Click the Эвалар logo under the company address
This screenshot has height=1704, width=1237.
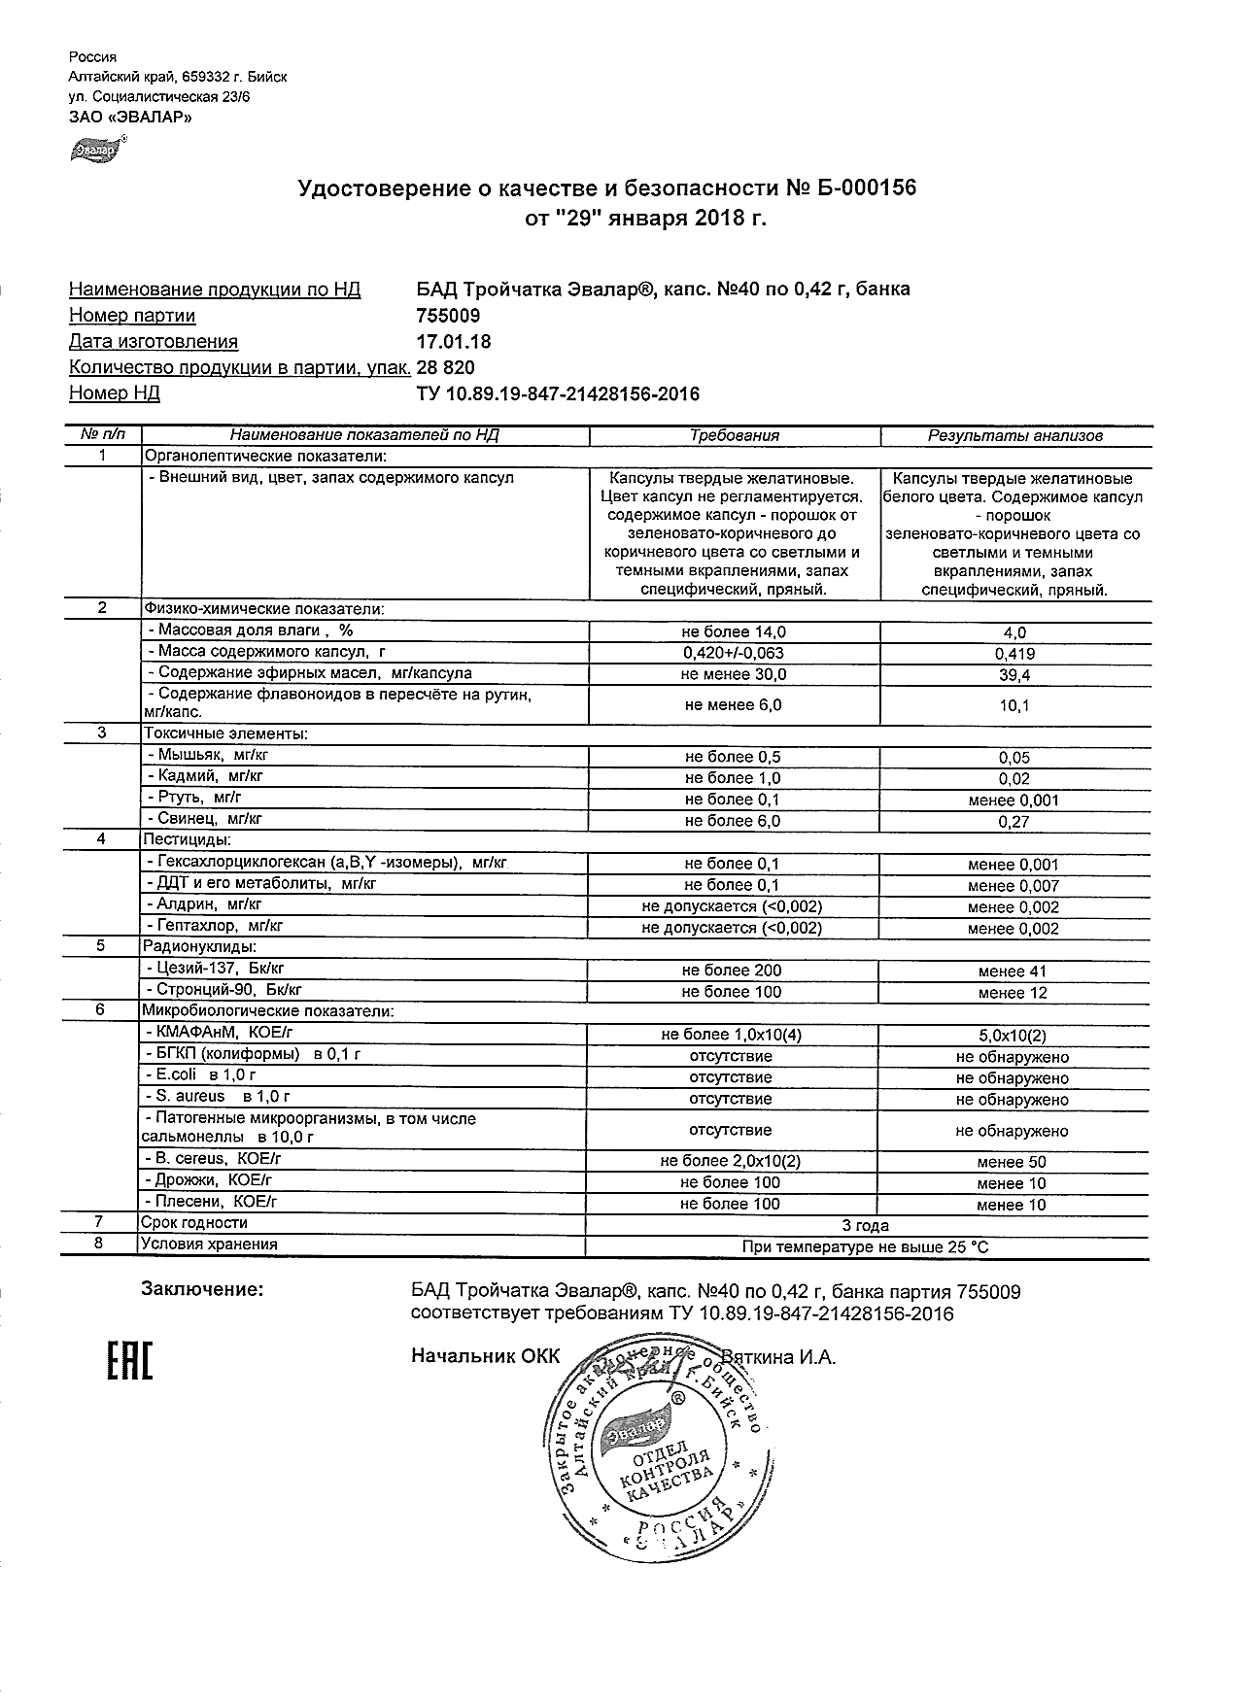pyautogui.click(x=94, y=150)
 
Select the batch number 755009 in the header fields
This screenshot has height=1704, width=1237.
pyautogui.click(x=447, y=316)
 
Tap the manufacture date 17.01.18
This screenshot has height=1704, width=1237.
pyautogui.click(x=453, y=342)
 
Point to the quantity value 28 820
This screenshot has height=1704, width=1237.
pyautogui.click(x=445, y=367)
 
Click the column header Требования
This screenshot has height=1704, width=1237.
pyautogui.click(x=735, y=435)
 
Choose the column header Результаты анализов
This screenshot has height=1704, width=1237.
pyautogui.click(x=1014, y=436)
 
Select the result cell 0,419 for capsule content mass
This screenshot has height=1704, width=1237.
pyautogui.click(x=1014, y=654)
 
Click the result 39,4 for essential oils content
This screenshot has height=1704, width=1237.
pyautogui.click(x=1014, y=675)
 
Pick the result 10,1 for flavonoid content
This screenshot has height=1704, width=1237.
pyautogui.click(x=1014, y=706)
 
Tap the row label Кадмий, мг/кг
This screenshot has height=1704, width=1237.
pyautogui.click(x=204, y=776)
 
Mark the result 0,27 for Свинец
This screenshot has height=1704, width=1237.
pyautogui.click(x=1014, y=822)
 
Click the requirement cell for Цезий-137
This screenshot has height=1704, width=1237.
pyautogui.click(x=733, y=970)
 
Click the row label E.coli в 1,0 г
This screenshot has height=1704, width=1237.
pyautogui.click(x=199, y=1075)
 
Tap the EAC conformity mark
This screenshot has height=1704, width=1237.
pyautogui.click(x=129, y=1362)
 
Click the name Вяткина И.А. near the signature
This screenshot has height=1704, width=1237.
pyautogui.click(x=777, y=1357)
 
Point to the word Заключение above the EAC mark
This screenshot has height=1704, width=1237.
pyautogui.click(x=201, y=1290)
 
